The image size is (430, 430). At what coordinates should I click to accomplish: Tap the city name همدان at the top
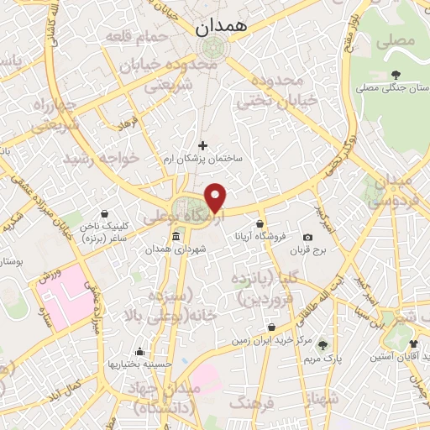(x=223, y=27)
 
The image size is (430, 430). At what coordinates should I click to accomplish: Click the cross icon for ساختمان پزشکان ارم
(x=202, y=145)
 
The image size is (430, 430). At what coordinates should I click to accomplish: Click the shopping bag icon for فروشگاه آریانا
(x=260, y=224)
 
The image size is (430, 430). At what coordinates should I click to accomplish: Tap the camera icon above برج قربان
(x=308, y=238)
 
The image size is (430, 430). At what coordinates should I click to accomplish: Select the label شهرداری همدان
(x=175, y=249)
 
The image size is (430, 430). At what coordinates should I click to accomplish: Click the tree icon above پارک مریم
(x=322, y=345)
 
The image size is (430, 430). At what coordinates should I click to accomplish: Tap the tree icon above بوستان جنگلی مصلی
(x=396, y=75)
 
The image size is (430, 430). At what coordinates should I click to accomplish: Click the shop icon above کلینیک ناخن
(x=103, y=213)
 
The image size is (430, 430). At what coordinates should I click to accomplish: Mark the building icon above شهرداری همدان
(x=175, y=238)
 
